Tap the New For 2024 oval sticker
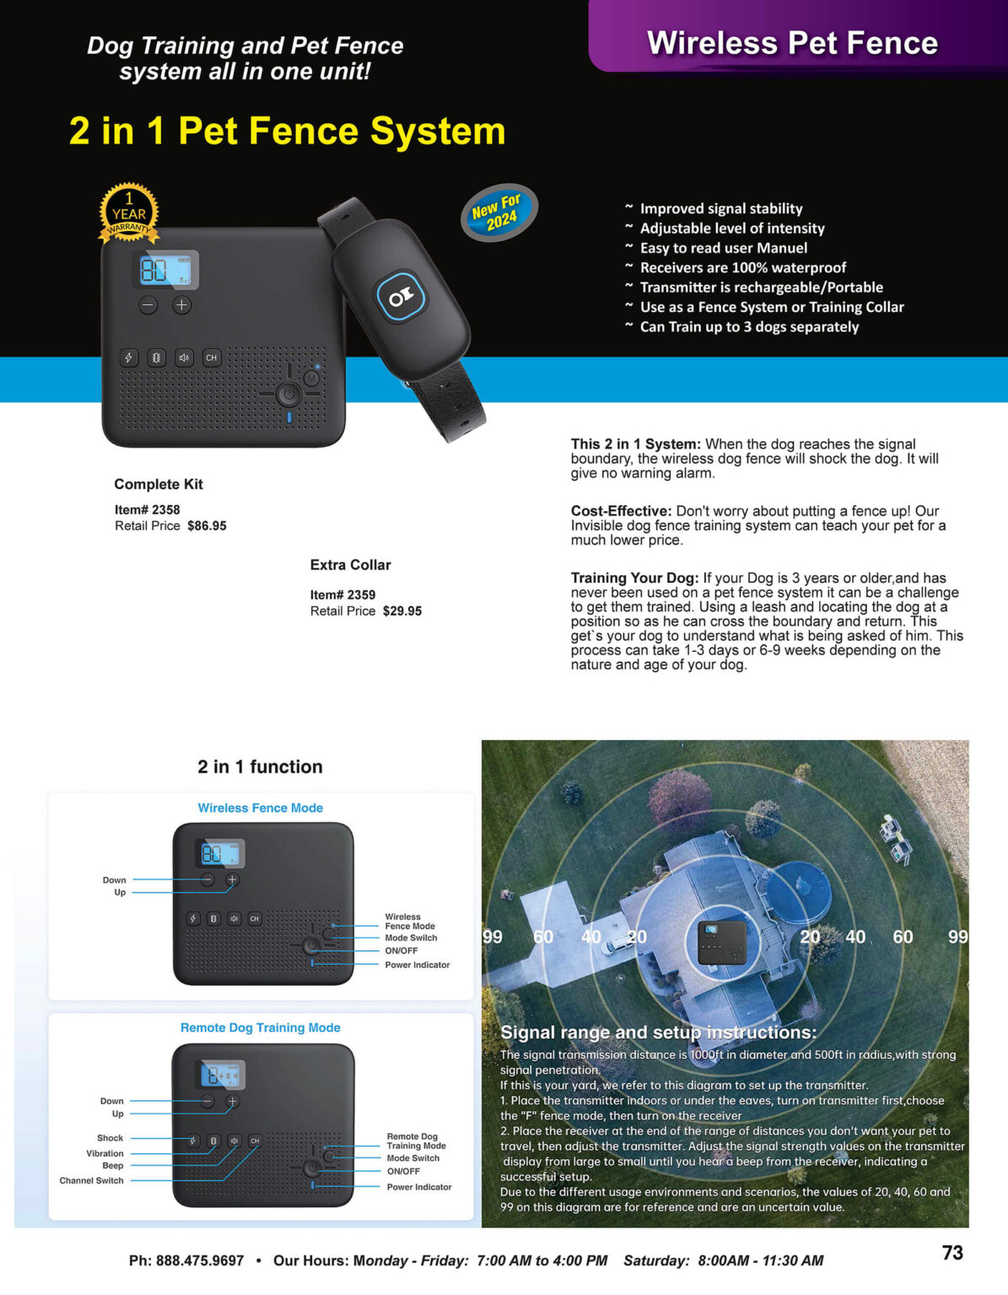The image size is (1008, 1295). tap(499, 212)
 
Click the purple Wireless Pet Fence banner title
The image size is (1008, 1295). tap(792, 43)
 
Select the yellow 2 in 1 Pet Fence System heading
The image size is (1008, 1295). tap(287, 131)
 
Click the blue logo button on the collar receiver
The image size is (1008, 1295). tap(401, 296)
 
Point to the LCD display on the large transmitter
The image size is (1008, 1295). tap(168, 270)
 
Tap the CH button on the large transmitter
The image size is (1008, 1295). tap(211, 357)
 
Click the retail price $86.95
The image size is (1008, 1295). tap(207, 526)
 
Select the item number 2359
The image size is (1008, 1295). tap(360, 594)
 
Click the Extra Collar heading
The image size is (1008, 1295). tap(350, 565)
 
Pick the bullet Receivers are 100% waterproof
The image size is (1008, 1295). tap(742, 267)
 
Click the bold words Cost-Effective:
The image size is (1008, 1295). tap(621, 511)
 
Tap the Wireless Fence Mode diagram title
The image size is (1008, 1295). tap(260, 808)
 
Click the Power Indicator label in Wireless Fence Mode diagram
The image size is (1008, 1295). tap(417, 965)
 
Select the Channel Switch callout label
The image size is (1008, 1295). tap(91, 1180)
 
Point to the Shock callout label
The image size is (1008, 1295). tap(110, 1138)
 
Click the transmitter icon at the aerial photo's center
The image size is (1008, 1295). tap(722, 942)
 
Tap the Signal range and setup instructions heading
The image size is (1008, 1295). tap(658, 1032)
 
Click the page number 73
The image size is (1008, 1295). tap(952, 1253)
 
